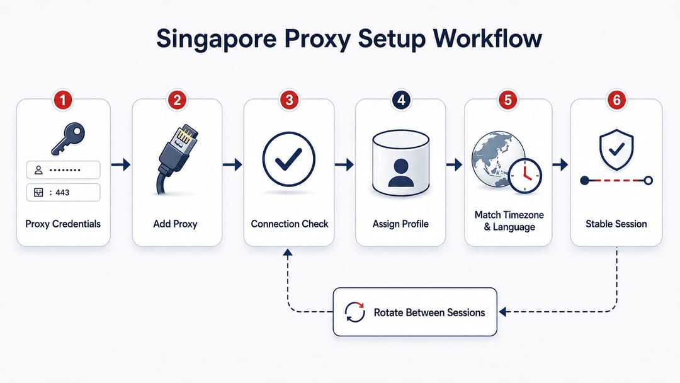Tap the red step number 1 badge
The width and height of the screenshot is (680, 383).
tap(63, 100)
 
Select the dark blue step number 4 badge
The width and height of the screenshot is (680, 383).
tap(401, 100)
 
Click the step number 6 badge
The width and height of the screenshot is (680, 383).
tap(616, 100)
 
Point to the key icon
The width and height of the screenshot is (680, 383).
tap(67, 139)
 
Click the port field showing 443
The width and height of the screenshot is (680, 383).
tap(64, 193)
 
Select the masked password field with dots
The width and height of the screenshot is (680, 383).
tap(64, 170)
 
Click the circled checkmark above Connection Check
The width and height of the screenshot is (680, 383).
tap(289, 159)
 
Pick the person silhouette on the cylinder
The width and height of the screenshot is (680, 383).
tap(400, 173)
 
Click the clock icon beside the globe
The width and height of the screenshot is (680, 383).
tap(525, 176)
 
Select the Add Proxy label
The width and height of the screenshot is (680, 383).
tap(175, 224)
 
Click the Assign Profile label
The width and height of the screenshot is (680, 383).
tap(400, 224)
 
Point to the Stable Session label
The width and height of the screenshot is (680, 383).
tap(616, 224)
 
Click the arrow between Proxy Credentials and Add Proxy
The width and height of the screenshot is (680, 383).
tap(121, 164)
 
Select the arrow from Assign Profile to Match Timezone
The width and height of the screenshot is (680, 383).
tap(455, 164)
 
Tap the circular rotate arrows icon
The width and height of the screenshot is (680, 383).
tap(354, 312)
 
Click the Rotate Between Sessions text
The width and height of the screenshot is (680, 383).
tap(429, 312)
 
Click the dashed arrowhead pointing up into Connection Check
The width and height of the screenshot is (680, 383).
tap(288, 253)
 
